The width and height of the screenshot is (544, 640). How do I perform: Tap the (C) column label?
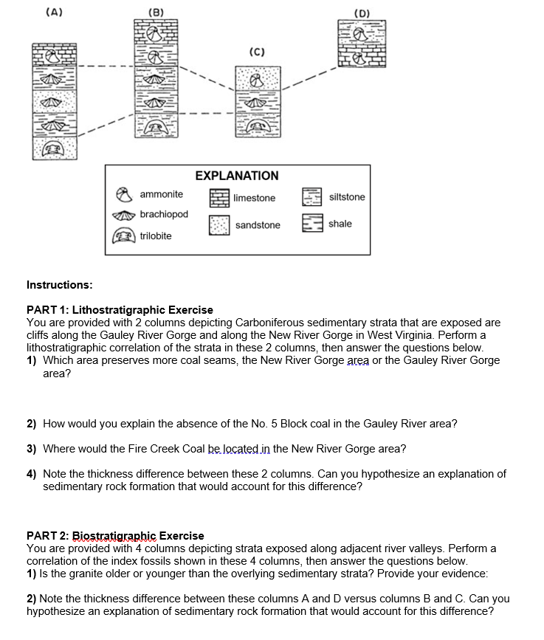tap(257, 52)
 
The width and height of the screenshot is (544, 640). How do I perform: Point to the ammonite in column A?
tap(53, 55)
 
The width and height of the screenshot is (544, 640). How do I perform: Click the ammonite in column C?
tap(257, 78)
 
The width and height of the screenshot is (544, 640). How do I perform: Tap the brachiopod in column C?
tap(257, 103)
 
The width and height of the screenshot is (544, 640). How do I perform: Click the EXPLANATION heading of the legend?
tap(237, 176)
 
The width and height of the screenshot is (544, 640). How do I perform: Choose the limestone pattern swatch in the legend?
tap(219, 197)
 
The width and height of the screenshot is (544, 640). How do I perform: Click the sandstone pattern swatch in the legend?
tap(219, 224)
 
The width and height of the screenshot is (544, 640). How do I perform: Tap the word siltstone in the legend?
tap(347, 197)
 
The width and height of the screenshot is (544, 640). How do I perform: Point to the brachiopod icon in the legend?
tap(125, 215)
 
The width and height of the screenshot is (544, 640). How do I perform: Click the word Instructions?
tap(60, 284)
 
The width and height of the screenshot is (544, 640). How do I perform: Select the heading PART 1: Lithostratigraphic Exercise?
tap(120, 309)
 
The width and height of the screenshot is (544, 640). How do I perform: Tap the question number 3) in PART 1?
tap(32, 449)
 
